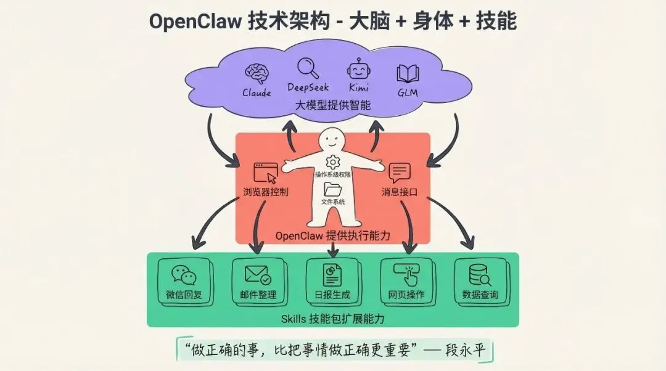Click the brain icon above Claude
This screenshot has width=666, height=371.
click(257, 73)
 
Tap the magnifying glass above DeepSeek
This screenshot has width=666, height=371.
click(307, 67)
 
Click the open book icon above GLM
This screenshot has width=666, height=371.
click(408, 74)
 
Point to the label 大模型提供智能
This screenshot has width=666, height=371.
click(332, 105)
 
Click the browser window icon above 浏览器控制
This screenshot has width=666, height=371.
click(265, 173)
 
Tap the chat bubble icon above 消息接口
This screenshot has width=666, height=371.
click(399, 173)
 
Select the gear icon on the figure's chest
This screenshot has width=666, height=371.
click(333, 163)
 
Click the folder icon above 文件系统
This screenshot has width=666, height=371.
click(333, 190)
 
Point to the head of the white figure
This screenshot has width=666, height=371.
click(333, 139)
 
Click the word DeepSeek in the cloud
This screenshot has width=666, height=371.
click(308, 88)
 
